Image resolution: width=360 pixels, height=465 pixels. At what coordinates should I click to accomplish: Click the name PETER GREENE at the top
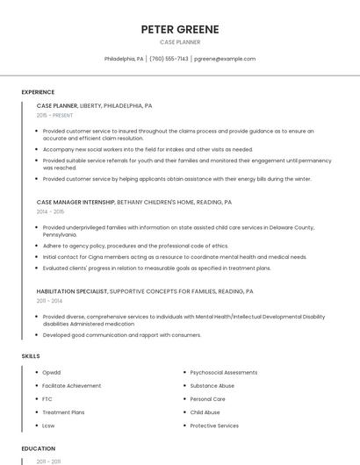pos(179,29)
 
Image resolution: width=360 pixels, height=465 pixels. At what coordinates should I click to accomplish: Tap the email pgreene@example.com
pos(225,59)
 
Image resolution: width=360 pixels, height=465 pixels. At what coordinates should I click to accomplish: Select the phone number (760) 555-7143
pos(169,59)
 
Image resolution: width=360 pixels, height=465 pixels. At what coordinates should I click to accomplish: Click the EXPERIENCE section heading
pos(38,92)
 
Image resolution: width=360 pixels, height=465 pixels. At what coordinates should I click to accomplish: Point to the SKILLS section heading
pos(31,356)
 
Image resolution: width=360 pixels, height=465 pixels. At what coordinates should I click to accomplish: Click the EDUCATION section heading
pos(38,448)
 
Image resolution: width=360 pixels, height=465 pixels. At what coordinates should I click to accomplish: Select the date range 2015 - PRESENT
pos(54,115)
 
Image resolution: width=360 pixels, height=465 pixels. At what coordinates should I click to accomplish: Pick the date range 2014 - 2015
pos(50,211)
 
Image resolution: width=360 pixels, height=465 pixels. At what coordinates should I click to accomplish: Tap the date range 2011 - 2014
pos(50,300)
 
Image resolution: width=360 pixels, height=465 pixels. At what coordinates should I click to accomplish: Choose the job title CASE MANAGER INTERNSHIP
pos(75,202)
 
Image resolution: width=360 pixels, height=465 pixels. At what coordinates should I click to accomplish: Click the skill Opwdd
pos(52,372)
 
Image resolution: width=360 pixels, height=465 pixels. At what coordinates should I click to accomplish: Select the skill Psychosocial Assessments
pos(223,372)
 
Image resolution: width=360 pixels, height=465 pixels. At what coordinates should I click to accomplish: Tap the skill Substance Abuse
pos(212,385)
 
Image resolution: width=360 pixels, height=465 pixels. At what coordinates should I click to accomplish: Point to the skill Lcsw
pos(48,426)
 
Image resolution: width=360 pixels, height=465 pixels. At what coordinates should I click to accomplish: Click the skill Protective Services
pos(214,426)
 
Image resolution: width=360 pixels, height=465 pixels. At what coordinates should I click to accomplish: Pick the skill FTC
pos(47,398)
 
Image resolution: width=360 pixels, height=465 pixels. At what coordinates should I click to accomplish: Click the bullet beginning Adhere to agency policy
pos(135,246)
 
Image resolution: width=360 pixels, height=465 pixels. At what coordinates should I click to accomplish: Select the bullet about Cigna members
pos(175,257)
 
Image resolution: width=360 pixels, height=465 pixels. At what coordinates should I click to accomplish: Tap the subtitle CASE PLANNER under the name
pos(179,42)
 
